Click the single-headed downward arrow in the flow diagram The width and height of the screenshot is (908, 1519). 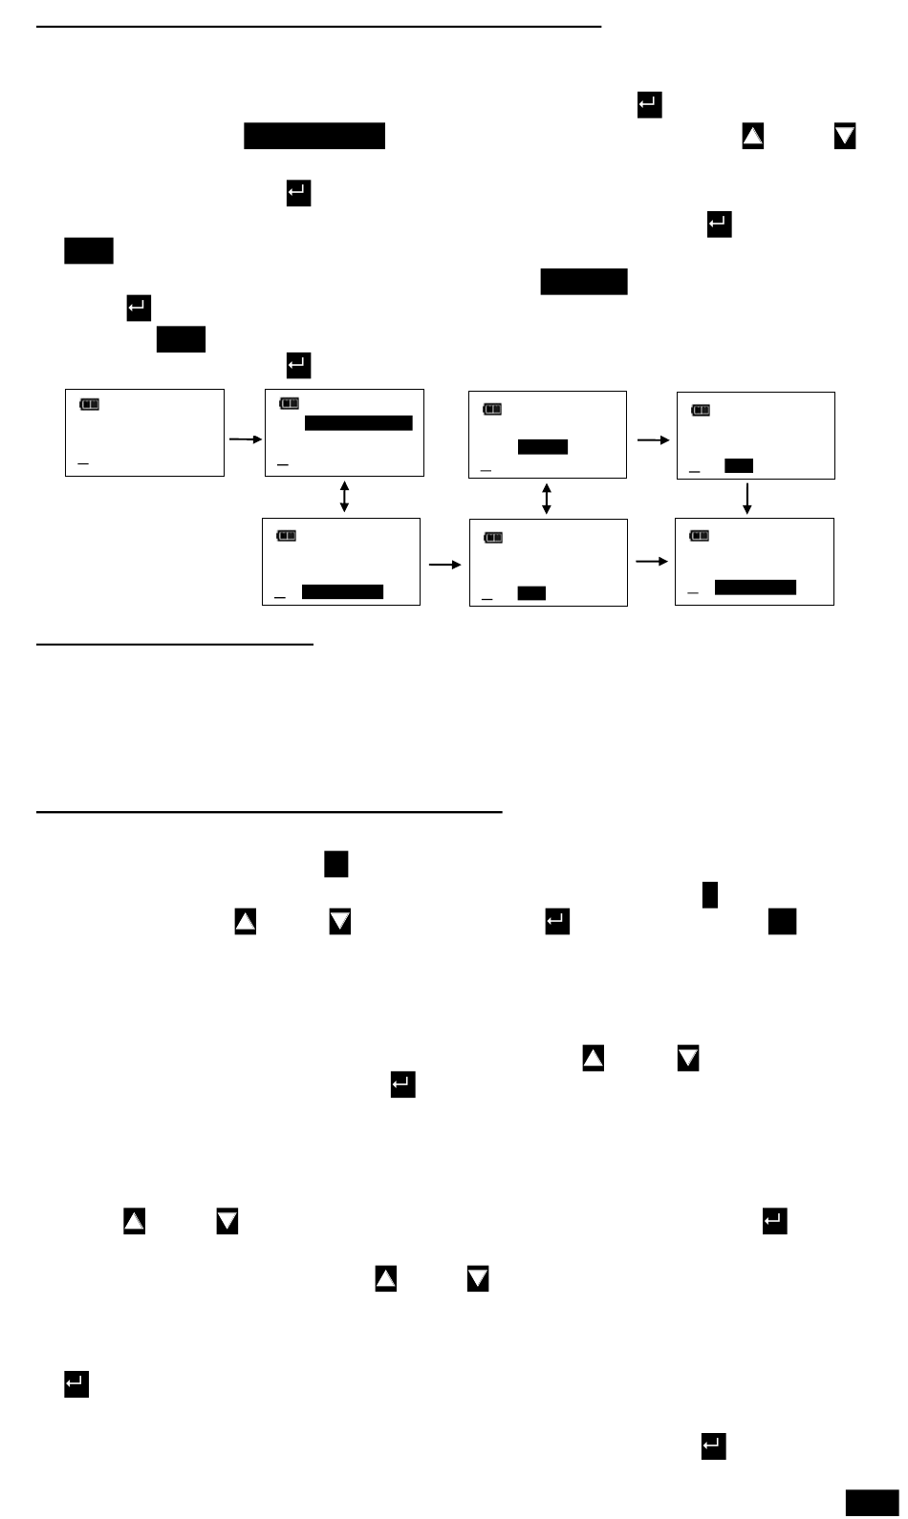747,497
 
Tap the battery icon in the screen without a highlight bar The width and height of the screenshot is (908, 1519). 89,404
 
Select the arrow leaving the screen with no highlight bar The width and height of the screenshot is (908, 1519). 244,439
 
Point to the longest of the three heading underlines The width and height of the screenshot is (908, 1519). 318,28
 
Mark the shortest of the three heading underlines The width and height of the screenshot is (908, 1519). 175,645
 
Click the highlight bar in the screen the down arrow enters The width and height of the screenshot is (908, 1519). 755,587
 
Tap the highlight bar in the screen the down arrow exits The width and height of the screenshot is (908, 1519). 739,466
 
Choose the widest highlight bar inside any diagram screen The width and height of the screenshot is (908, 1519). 358,423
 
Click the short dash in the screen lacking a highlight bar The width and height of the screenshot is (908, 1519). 83,464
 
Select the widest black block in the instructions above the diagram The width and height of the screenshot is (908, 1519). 314,136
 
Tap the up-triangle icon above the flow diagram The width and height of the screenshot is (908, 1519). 753,136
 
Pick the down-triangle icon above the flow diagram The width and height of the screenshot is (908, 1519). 845,136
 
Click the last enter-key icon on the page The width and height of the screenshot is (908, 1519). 713,1446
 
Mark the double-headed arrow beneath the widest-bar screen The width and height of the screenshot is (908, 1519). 344,497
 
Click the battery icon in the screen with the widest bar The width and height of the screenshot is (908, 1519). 289,404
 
